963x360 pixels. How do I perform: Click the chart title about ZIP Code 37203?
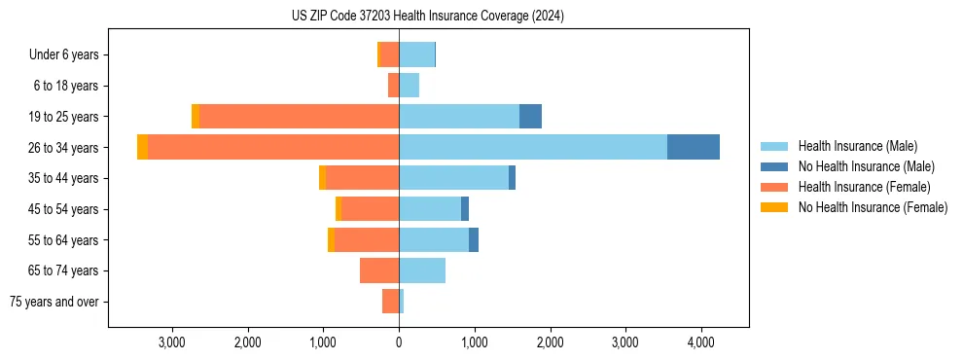click(x=427, y=16)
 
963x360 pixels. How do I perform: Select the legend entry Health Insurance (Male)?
click(x=856, y=146)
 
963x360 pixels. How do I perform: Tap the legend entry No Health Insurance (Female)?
click(x=873, y=207)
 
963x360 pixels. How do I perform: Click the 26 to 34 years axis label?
click(x=63, y=147)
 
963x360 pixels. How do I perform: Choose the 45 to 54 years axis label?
click(x=63, y=209)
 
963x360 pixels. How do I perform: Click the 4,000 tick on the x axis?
click(x=701, y=342)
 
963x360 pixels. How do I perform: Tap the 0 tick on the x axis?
click(x=399, y=342)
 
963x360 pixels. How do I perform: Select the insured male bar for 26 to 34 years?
click(x=533, y=147)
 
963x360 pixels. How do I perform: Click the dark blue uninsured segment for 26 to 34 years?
click(x=693, y=147)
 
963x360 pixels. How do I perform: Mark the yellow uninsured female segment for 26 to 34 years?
click(x=143, y=147)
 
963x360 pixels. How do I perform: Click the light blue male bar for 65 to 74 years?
click(x=422, y=270)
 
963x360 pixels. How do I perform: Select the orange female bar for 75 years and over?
click(x=390, y=302)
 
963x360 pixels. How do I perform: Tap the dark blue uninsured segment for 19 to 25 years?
click(x=530, y=116)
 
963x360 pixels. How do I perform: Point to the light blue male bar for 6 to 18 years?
click(x=409, y=86)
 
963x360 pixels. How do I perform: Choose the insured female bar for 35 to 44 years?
click(x=362, y=178)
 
